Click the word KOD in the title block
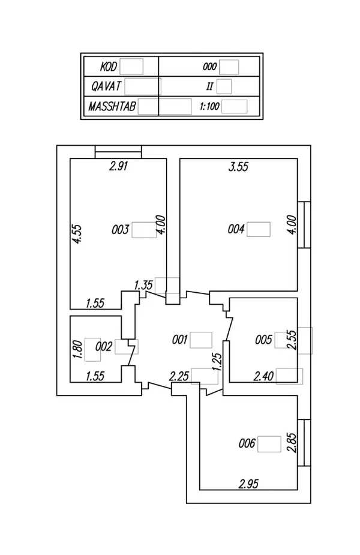(109, 67)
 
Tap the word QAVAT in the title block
(106, 86)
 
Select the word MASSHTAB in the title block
(112, 106)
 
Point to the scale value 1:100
(209, 106)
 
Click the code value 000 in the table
(209, 67)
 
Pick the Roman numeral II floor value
(209, 86)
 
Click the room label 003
(121, 230)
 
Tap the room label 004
(236, 229)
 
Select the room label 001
(179, 340)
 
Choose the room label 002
(104, 347)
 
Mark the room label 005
(263, 340)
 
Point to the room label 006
(247, 443)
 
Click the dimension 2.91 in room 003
(118, 166)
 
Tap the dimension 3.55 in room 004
(238, 166)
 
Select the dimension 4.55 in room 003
(77, 234)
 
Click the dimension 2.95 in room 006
(248, 484)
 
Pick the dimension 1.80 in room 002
(78, 349)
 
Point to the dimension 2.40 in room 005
(263, 376)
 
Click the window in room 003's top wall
(118, 152)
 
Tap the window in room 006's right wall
(304, 442)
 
